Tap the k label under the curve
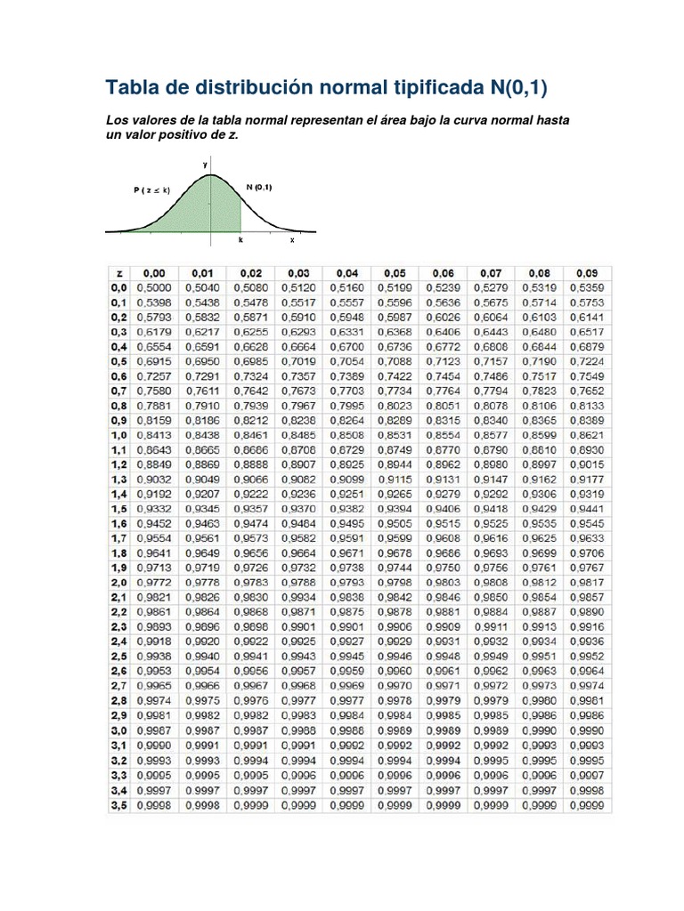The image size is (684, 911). click(240, 240)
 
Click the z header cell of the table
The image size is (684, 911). click(118, 272)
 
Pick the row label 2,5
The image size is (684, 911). click(118, 656)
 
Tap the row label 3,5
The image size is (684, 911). click(118, 806)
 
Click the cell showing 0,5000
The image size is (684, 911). click(155, 287)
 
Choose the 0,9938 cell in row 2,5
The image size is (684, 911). click(155, 656)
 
